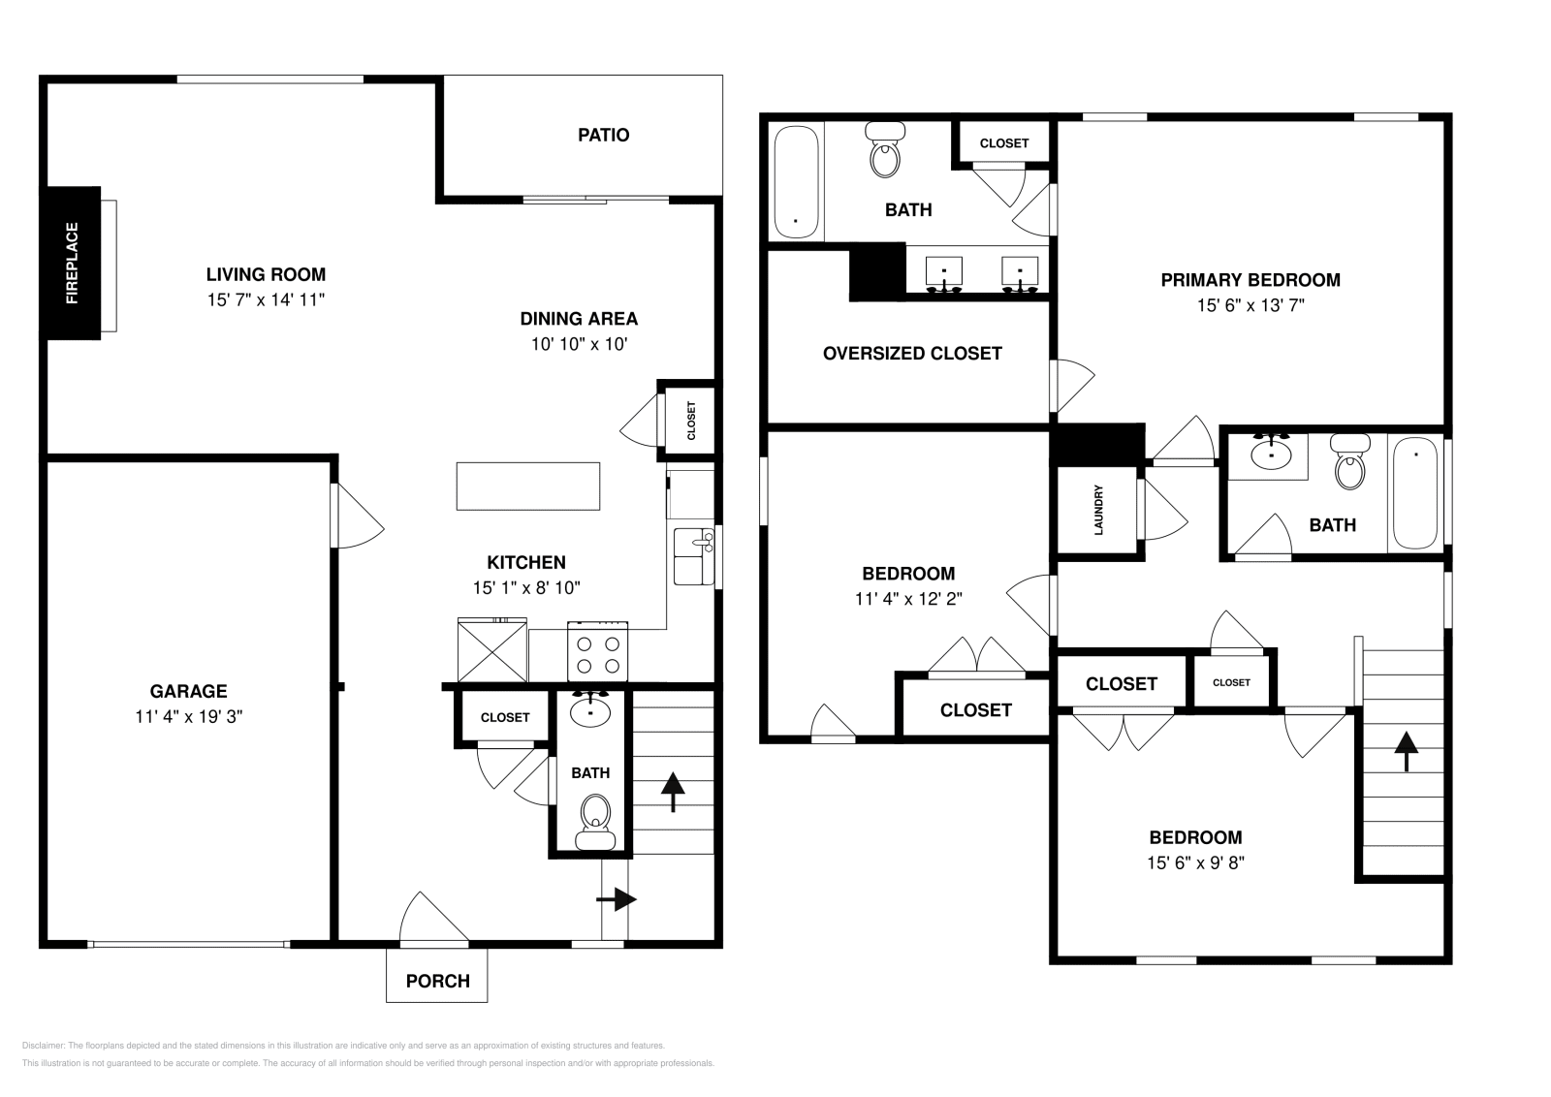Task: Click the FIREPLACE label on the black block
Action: [72, 263]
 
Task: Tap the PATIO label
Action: [603, 135]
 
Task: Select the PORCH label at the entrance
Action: [437, 981]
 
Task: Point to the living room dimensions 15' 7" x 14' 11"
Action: [266, 299]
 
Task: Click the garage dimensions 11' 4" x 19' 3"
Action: [188, 716]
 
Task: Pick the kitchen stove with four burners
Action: [597, 652]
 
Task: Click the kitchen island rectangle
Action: [527, 486]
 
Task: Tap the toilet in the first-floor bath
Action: [595, 822]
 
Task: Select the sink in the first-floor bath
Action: [590, 709]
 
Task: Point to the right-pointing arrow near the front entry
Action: [617, 899]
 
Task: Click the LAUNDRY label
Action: [1098, 510]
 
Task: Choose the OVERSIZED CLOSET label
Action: [912, 354]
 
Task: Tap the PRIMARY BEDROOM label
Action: [1250, 280]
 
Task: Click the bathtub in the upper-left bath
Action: [796, 182]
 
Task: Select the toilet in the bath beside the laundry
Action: [1350, 461]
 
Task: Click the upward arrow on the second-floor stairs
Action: [1406, 752]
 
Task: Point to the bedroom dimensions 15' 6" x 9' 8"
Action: [1196, 863]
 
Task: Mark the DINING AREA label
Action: [579, 319]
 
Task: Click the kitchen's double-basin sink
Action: [694, 557]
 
